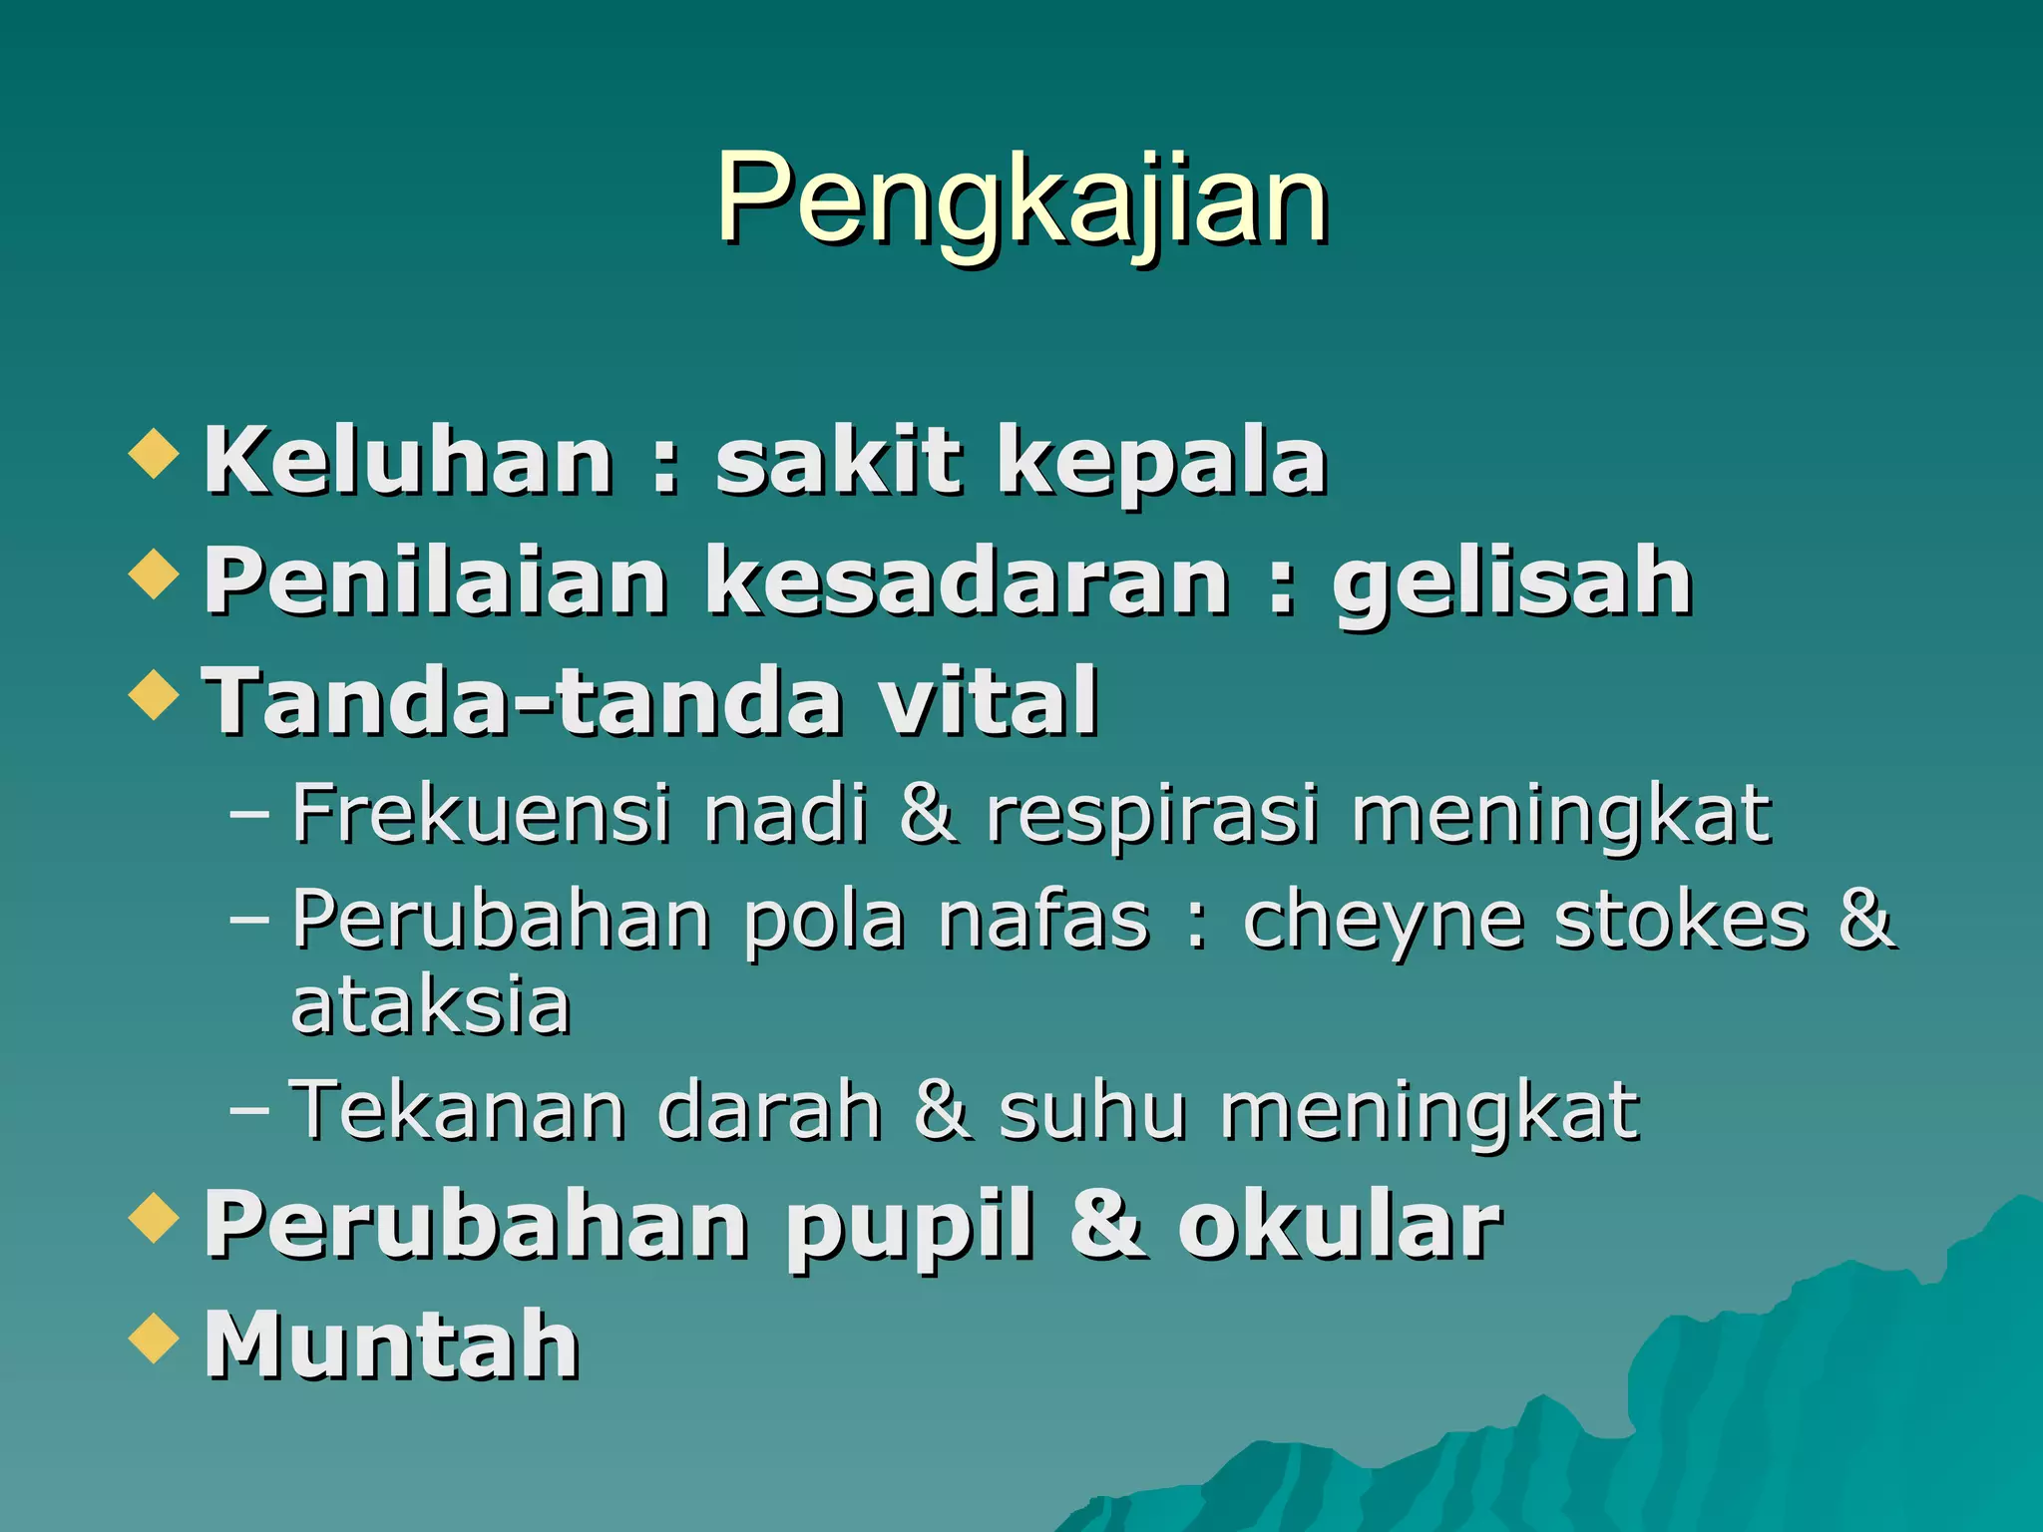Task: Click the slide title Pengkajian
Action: point(1021,199)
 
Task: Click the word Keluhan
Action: point(408,460)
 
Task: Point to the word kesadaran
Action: point(968,581)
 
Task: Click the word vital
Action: point(989,701)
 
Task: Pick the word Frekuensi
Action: point(481,814)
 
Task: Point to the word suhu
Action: point(1093,1109)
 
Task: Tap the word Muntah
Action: point(391,1344)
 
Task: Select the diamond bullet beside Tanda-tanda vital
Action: point(155,694)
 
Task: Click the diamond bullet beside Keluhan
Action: point(155,453)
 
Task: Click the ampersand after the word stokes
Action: point(1865,919)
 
